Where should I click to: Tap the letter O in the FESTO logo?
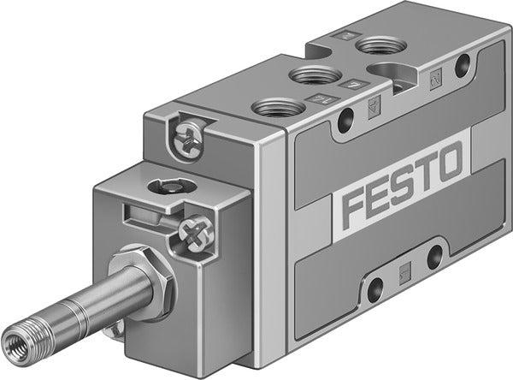[x=449, y=161]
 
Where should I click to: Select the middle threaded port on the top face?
[x=311, y=76]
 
